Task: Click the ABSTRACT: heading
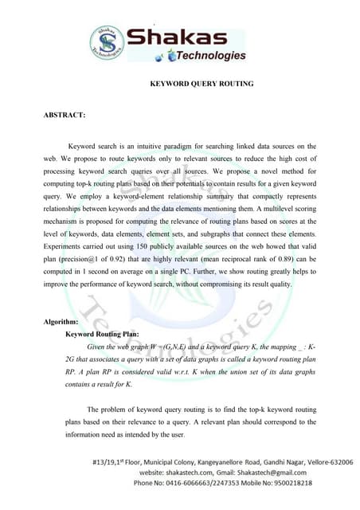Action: click(x=65, y=116)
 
